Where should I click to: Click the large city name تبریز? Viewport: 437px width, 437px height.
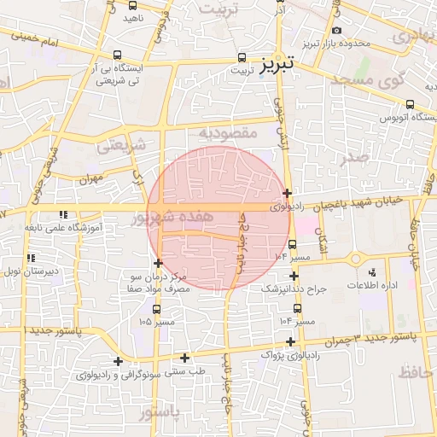point(277,62)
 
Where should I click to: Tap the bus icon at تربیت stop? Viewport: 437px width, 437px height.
point(242,59)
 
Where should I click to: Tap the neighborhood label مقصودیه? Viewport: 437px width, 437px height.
point(228,133)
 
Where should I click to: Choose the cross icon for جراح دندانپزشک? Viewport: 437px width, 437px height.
point(294,276)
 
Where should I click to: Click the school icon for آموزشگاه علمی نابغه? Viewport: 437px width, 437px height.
point(62,215)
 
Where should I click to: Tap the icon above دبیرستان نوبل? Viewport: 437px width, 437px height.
point(30,258)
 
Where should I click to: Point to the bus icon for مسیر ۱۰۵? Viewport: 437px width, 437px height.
point(156,308)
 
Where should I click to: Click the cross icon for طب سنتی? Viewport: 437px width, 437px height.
point(184,358)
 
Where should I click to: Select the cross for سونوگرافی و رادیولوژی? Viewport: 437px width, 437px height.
point(118,361)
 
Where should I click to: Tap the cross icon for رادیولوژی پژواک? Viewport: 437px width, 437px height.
point(291,341)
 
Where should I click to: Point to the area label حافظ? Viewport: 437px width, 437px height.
point(416,371)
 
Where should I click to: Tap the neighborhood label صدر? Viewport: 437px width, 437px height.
point(352,159)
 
